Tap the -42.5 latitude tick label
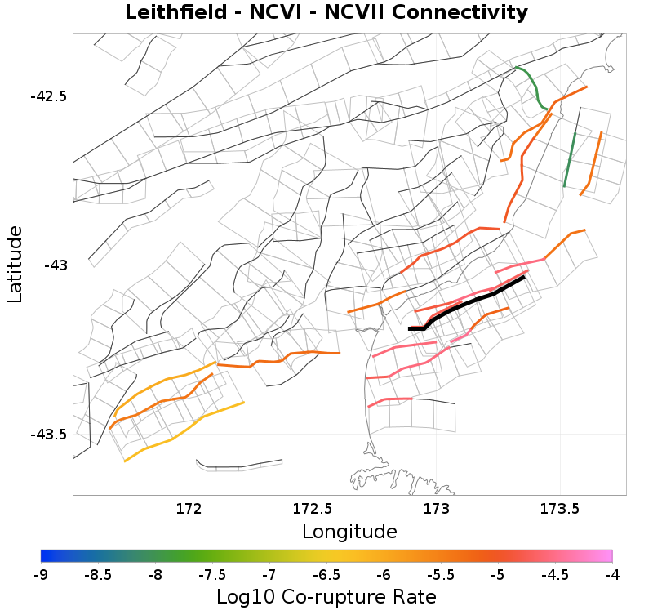(49, 96)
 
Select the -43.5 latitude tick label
(49, 434)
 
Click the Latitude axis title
(15, 265)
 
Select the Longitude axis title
(349, 532)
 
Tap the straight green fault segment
(570, 159)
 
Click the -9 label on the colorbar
(41, 575)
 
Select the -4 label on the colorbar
(612, 575)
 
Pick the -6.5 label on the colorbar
(326, 575)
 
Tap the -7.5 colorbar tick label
(212, 575)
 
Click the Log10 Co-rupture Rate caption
(326, 597)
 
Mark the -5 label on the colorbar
(498, 575)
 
